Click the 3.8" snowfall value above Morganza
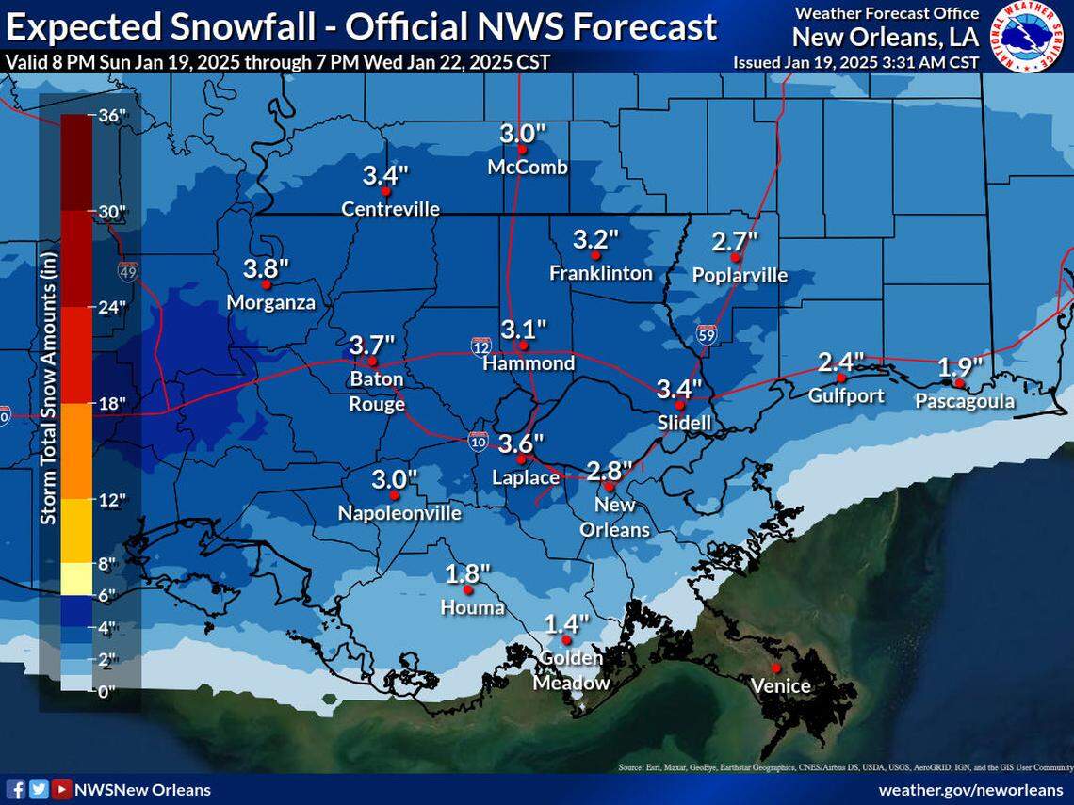(x=266, y=267)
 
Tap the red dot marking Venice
(x=776, y=668)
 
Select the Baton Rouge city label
(x=377, y=392)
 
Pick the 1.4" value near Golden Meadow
(x=566, y=623)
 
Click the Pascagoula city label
(x=965, y=402)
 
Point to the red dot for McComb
(x=521, y=149)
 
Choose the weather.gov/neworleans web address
(x=969, y=789)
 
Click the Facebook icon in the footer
(x=16, y=789)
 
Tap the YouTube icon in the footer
(x=61, y=789)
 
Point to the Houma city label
(x=473, y=607)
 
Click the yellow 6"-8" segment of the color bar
(x=76, y=579)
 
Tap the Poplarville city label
(x=740, y=275)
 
